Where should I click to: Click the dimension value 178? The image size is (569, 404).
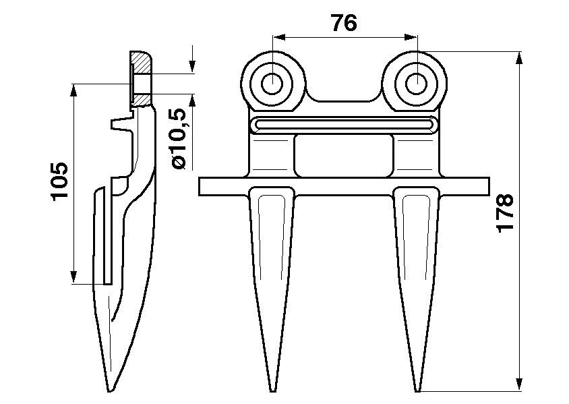tap(505, 212)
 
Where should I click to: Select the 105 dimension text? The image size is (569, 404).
tap(60, 181)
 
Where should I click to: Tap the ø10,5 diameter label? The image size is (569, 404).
tap(177, 139)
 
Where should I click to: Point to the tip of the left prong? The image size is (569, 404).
tap(272, 390)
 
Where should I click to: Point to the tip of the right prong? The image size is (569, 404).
tap(418, 390)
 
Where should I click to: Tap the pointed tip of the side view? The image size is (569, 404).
tap(109, 390)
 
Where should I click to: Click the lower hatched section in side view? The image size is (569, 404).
tap(142, 100)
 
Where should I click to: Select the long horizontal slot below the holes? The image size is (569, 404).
tap(344, 125)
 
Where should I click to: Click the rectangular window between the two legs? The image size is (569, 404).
tap(344, 154)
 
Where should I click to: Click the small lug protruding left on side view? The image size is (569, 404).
tap(118, 125)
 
